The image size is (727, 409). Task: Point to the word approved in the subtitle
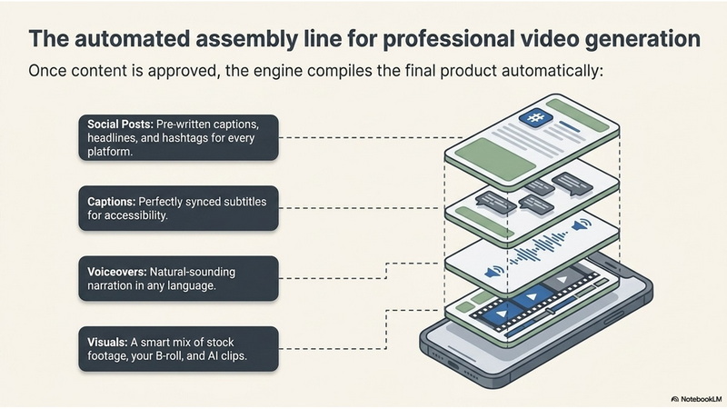point(185,72)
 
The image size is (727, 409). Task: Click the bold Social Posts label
point(120,125)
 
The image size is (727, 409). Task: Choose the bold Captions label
point(111,202)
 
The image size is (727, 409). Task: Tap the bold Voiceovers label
point(117,272)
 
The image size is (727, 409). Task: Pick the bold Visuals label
point(107,343)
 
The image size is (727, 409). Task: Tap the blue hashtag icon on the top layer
point(535,117)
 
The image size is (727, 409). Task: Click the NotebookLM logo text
point(701,399)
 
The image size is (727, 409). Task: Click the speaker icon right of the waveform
point(581,225)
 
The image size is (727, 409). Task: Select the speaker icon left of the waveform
point(494,271)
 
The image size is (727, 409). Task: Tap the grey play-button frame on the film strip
point(562,279)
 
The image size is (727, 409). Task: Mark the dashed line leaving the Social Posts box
point(371,138)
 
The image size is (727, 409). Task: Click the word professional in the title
point(447,39)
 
